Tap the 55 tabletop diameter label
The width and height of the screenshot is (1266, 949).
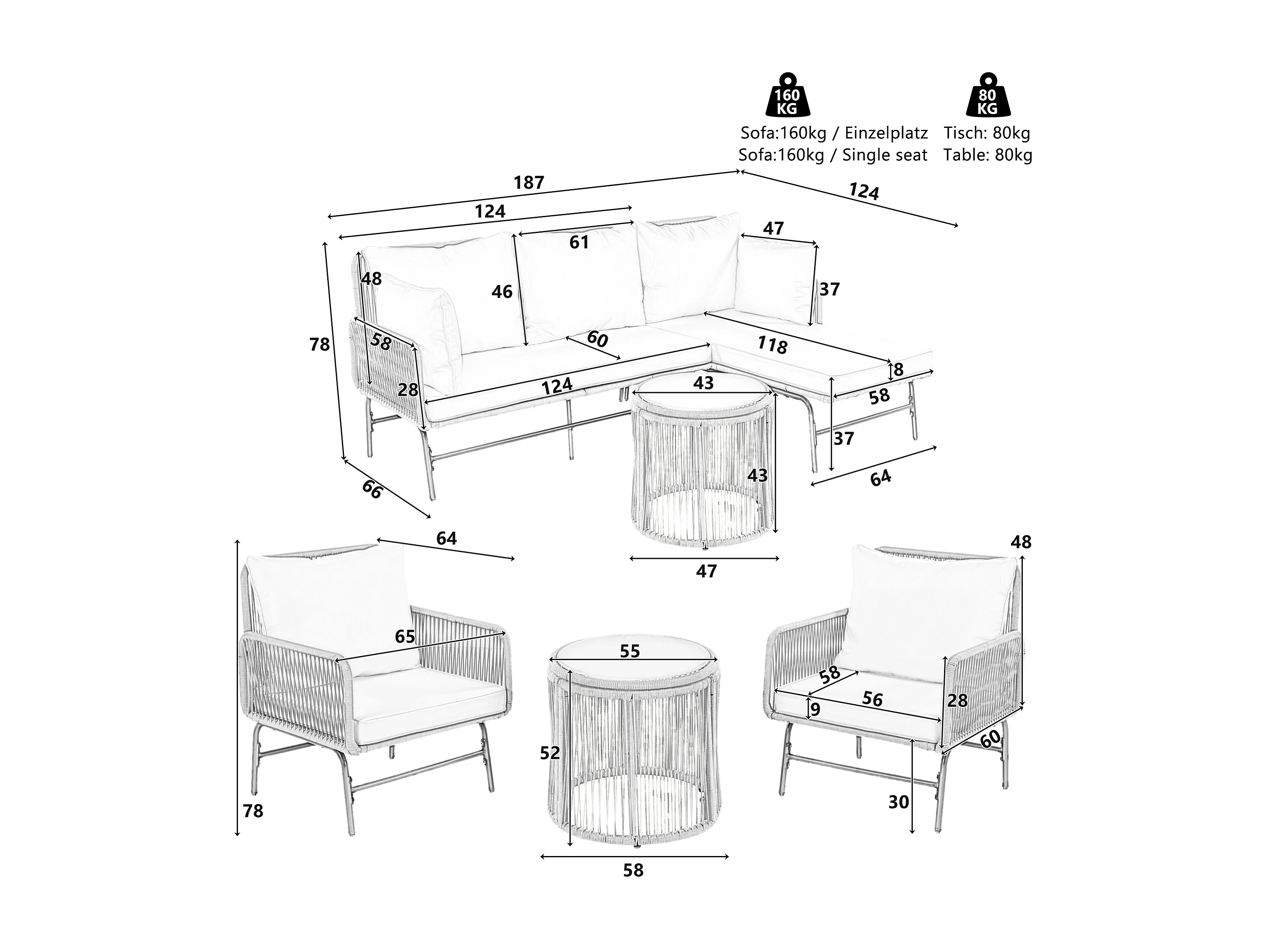pyautogui.click(x=630, y=651)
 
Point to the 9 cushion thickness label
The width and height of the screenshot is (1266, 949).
pyautogui.click(x=815, y=710)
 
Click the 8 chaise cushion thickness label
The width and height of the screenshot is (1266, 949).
pyautogui.click(x=898, y=370)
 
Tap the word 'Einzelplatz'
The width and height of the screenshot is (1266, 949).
pyautogui.click(x=886, y=133)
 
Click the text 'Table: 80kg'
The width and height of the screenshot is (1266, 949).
pyautogui.click(x=988, y=155)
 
